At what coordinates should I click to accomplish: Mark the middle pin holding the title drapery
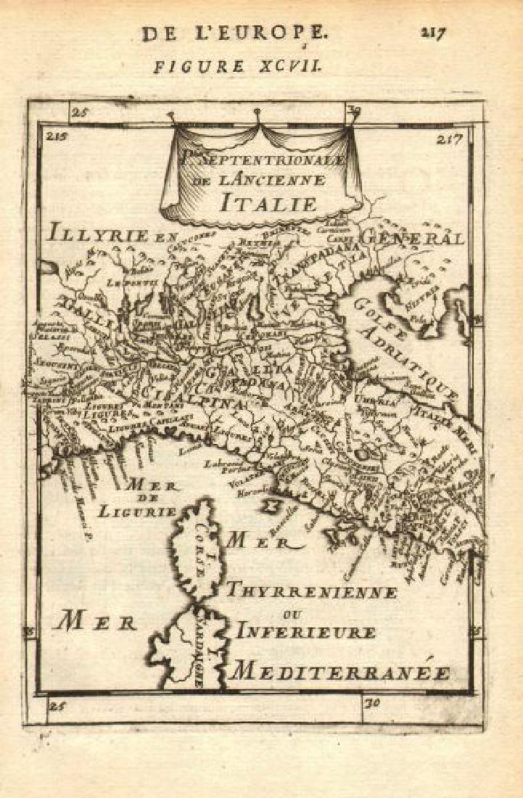coord(258,112)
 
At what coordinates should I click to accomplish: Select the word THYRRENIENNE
coord(310,591)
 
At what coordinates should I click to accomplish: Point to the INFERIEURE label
coord(305,633)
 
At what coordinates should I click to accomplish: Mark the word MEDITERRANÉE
coord(339,671)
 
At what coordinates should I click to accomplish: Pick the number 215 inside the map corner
coord(55,136)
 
